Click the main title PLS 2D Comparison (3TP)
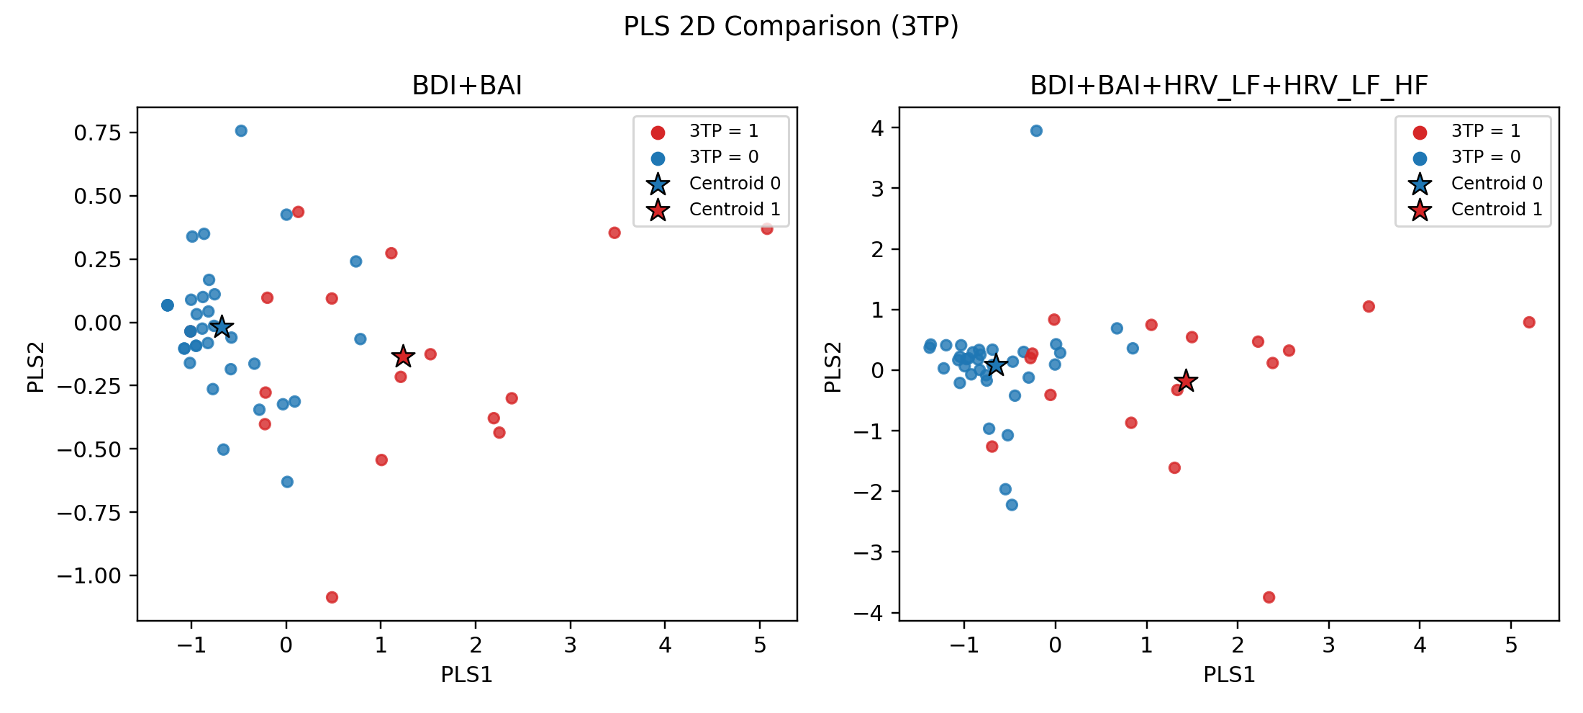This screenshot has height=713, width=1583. (791, 27)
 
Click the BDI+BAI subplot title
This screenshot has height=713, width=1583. (467, 86)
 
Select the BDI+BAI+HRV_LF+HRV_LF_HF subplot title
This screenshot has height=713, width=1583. (1228, 86)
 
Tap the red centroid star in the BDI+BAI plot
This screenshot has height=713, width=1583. (403, 356)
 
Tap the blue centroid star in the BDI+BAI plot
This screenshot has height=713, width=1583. (222, 326)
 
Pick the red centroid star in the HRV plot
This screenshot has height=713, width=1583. (1186, 380)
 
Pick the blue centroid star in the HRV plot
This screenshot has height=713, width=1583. (995, 365)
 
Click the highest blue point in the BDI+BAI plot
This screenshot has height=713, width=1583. (241, 131)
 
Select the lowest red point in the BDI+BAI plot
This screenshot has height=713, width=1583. (332, 597)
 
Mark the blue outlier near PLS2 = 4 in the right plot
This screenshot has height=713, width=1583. (1036, 131)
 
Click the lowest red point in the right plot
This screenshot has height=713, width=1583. (1269, 597)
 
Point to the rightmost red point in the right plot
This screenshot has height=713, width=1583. (1529, 322)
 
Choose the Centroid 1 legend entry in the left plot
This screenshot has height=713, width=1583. (734, 210)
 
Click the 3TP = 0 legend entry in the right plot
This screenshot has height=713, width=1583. (1485, 157)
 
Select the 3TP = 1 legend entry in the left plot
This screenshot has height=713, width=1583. (723, 131)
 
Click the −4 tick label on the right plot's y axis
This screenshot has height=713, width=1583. (868, 613)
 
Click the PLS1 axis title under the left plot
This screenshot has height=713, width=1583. (467, 675)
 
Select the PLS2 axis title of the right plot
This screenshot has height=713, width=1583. (833, 367)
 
